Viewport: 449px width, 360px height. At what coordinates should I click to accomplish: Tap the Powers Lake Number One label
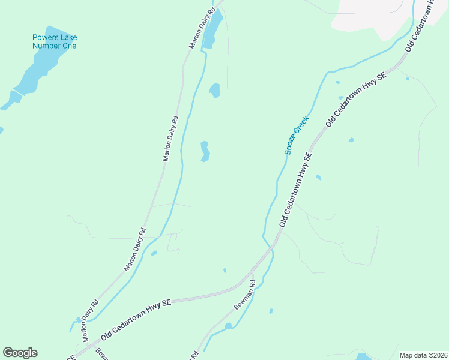55,41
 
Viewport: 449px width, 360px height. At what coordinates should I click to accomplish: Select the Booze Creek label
296,136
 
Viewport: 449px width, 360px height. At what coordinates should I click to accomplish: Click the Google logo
20,353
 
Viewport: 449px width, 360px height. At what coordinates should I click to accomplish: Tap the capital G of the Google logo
8,352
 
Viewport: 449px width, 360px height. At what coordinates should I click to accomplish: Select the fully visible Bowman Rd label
245,298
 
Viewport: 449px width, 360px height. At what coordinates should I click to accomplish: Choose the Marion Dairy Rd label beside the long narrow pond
202,29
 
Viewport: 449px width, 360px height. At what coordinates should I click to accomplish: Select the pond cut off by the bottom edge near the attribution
363,355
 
